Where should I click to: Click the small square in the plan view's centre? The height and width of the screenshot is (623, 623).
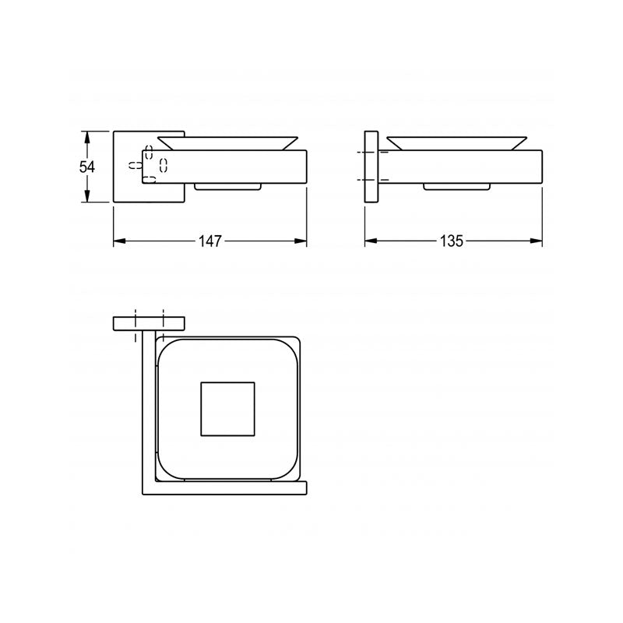(227, 410)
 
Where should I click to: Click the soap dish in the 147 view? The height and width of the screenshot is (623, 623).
(227, 142)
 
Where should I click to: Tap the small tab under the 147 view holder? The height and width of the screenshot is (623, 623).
(227, 187)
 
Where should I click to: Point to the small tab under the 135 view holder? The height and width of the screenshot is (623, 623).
(456, 187)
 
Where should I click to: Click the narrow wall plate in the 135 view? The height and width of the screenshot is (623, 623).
(371, 167)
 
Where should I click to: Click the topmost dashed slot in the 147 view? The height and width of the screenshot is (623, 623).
(149, 150)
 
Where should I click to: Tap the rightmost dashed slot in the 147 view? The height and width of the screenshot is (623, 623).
(164, 164)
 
